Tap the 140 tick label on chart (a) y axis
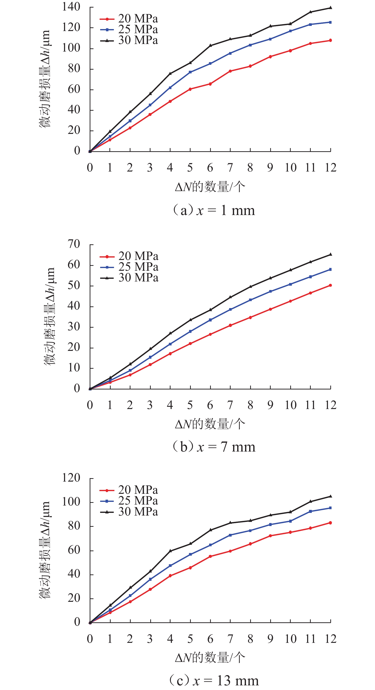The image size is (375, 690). pyautogui.click(x=71, y=7)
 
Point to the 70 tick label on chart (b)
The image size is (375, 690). pyautogui.click(x=74, y=244)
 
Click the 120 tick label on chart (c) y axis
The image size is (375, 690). pyautogui.click(x=71, y=478)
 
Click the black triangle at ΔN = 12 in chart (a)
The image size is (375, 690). pyautogui.click(x=330, y=8)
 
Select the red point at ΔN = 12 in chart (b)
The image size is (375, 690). pyautogui.click(x=330, y=285)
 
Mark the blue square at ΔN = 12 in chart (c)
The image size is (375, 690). pyautogui.click(x=330, y=508)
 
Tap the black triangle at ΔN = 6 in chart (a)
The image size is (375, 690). pyautogui.click(x=210, y=45)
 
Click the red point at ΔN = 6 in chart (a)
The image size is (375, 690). pyautogui.click(x=210, y=84)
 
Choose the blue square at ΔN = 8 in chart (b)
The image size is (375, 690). pyautogui.click(x=250, y=300)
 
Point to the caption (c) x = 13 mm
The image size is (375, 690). pyautogui.click(x=214, y=681)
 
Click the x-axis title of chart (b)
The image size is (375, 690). pyautogui.click(x=210, y=424)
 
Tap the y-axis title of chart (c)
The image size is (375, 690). pyautogui.click(x=44, y=550)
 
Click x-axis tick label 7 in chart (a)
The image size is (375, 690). pyautogui.click(x=230, y=168)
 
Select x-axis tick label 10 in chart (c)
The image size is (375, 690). pyautogui.click(x=291, y=639)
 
